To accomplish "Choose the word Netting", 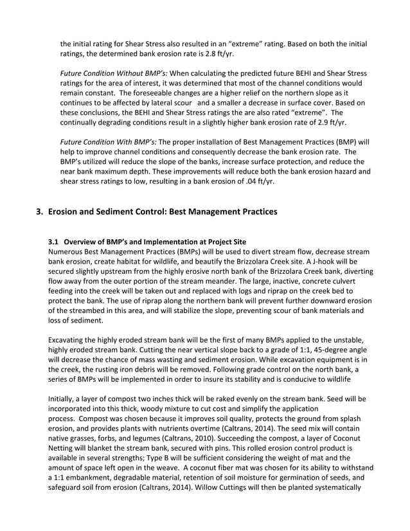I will [62, 449].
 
